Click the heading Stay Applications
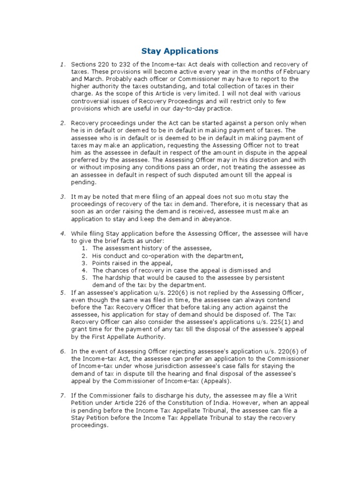[180, 50]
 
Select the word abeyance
[215, 219]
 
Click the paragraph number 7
[62, 396]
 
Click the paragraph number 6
[62, 352]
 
